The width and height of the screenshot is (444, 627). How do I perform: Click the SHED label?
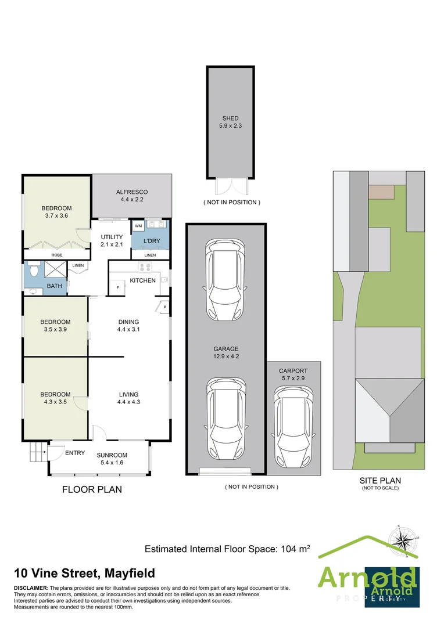point(230,118)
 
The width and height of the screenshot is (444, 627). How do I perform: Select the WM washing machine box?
point(138,225)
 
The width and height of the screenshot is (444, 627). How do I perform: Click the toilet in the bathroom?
point(33,271)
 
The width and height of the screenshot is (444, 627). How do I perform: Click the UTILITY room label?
point(112,237)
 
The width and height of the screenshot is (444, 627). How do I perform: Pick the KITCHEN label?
point(142,280)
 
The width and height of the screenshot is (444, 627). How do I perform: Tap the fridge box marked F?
point(118,287)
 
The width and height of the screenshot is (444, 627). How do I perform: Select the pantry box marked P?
point(164,307)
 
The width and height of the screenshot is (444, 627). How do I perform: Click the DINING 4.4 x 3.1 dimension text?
point(128,329)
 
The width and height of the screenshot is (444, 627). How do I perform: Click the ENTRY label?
point(75,453)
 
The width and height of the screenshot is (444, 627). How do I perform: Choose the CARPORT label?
point(293,370)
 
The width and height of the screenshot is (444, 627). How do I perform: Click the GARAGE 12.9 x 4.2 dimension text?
point(227,357)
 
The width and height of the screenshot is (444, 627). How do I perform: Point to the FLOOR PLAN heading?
point(92,489)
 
